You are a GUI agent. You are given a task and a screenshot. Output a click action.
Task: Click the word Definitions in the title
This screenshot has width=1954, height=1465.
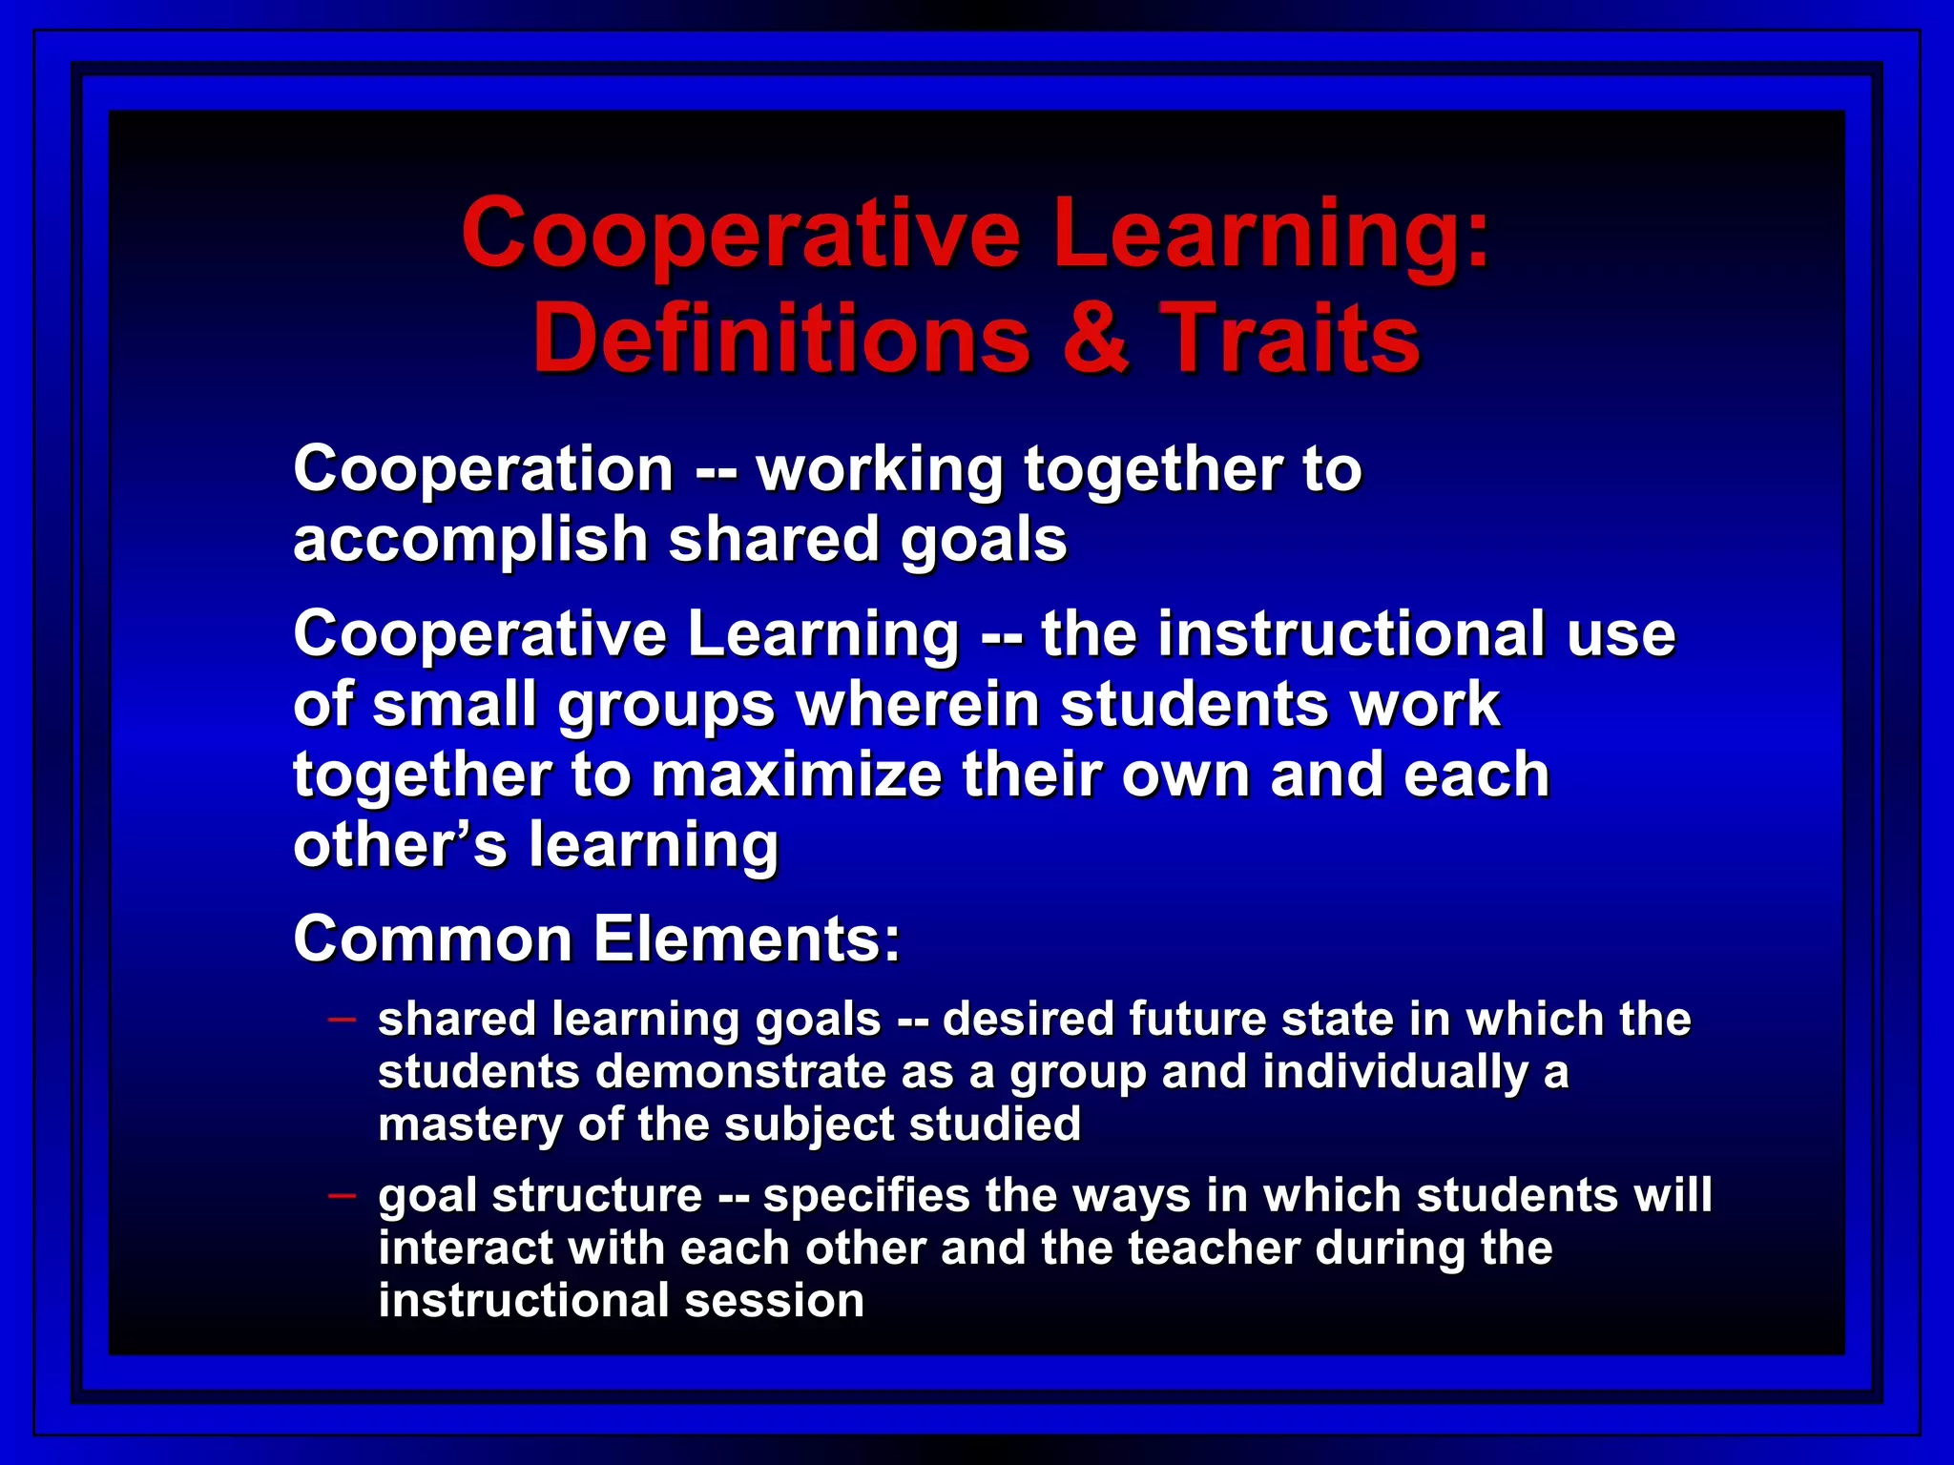[x=781, y=338]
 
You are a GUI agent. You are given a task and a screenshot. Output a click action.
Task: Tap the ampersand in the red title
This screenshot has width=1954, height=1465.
[x=1094, y=338]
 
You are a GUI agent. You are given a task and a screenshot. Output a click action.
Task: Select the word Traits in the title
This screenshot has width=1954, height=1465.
[x=1290, y=338]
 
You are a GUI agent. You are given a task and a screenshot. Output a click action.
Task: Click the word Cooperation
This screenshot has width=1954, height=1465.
[x=484, y=469]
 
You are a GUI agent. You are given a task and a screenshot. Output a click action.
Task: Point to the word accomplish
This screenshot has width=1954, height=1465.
[x=471, y=541]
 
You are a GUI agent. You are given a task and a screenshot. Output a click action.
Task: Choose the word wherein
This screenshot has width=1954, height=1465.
[x=926, y=705]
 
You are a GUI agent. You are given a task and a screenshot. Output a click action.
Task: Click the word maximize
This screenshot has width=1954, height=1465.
[x=797, y=774]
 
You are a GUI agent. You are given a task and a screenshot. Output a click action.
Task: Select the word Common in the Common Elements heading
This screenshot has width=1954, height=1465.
[x=432, y=939]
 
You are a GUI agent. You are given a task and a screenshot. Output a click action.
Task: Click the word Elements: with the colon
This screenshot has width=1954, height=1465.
[x=747, y=939]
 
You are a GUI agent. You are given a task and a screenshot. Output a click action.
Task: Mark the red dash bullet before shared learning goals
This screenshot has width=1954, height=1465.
[x=342, y=1020]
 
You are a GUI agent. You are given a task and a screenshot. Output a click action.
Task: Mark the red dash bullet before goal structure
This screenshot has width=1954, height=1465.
[x=342, y=1195]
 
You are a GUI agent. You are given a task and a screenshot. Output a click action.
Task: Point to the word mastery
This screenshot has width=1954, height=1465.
[x=469, y=1125]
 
